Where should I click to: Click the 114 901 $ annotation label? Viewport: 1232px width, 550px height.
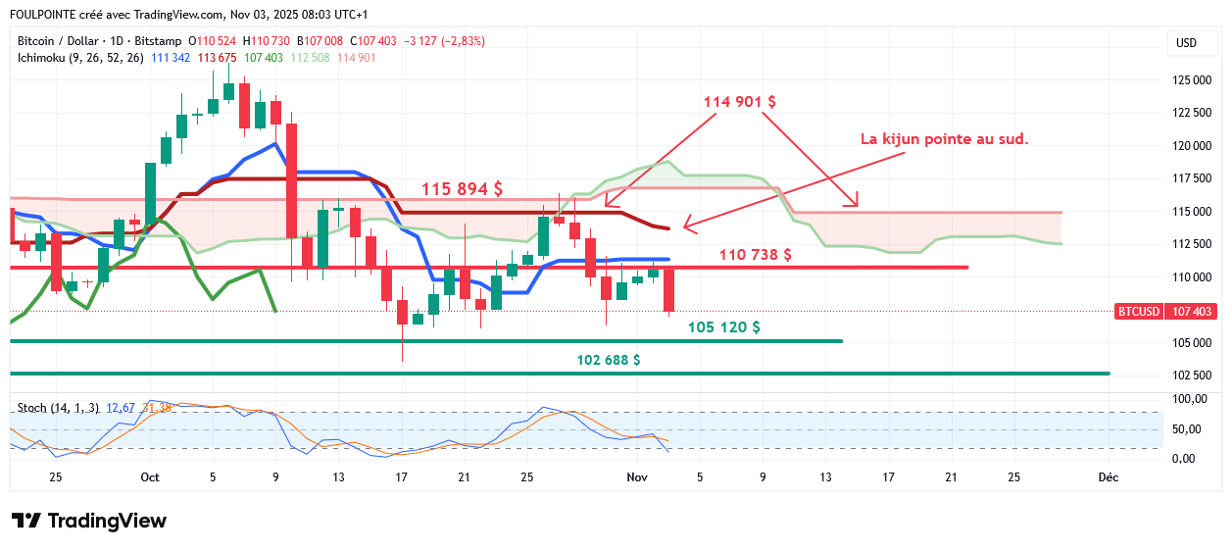coord(740,101)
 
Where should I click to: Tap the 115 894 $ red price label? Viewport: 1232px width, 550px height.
coord(463,189)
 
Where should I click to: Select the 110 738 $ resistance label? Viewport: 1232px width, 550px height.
coord(756,255)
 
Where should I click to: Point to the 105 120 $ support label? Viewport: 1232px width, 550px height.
coord(724,327)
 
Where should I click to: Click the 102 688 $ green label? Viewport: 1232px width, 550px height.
coord(609,360)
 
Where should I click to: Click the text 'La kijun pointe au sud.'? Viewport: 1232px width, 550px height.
coord(945,139)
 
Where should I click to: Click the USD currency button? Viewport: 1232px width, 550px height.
coord(1186,43)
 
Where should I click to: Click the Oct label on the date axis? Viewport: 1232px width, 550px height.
coord(150,477)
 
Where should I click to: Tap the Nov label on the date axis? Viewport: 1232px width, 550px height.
coord(637,477)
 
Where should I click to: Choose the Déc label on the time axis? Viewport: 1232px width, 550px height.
coord(1108,477)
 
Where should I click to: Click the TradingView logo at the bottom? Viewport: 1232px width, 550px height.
coord(89,521)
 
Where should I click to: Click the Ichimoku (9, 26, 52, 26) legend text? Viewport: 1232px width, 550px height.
coord(80,58)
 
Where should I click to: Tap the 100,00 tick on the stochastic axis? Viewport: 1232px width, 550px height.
coord(1190,398)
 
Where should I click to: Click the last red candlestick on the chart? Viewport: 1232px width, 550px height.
coord(669,290)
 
